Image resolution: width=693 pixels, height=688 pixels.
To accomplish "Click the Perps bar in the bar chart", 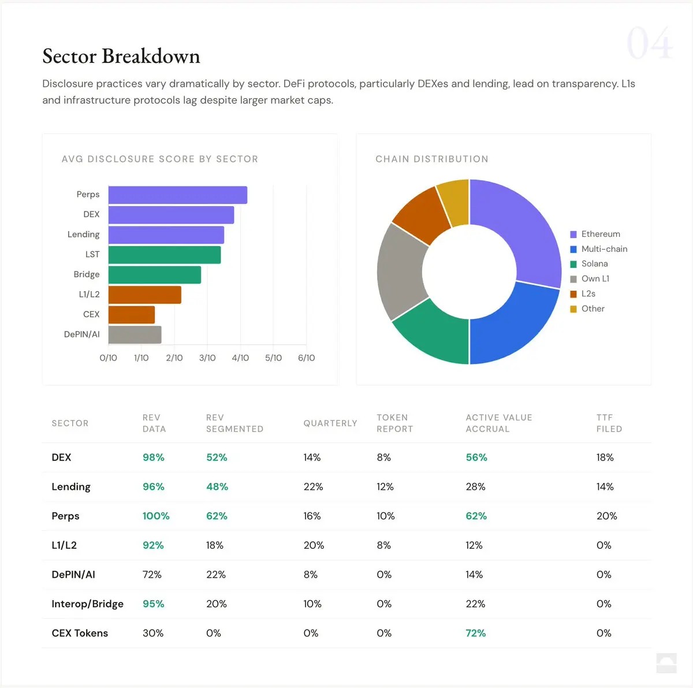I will (177, 195).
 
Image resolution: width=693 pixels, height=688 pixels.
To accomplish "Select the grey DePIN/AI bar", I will (135, 334).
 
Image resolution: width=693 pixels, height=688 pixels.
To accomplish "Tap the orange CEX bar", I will (131, 315).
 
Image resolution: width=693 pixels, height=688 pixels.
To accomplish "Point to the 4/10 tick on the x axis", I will (240, 358).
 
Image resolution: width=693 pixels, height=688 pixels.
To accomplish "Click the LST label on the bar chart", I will (92, 254).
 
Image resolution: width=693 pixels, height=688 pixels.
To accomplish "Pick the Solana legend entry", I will (594, 264).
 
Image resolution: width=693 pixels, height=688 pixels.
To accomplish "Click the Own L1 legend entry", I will (595, 279).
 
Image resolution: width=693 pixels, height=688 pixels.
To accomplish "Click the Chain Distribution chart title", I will (431, 159).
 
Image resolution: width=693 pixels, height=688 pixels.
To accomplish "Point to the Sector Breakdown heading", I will (121, 56).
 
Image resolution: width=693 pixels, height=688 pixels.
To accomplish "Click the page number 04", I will (649, 44).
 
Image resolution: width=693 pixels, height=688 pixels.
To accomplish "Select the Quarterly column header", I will (330, 423).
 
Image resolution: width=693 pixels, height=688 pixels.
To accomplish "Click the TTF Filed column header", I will (609, 423).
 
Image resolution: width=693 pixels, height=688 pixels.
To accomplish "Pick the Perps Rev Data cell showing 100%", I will (156, 516).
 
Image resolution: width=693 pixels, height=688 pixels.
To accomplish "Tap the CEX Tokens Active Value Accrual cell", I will (475, 633).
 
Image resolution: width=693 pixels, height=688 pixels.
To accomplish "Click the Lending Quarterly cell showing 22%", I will (313, 487).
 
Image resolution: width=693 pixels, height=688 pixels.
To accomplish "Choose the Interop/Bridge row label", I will (87, 604).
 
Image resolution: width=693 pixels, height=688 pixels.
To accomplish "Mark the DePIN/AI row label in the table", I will (73, 575).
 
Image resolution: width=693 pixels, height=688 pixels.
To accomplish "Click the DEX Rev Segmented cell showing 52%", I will (217, 458).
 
